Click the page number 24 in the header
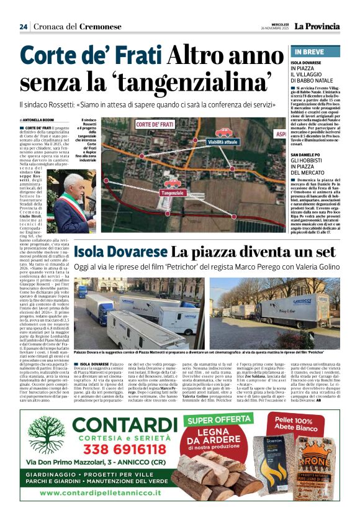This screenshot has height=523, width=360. click(24, 27)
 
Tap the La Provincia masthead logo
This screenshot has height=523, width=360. click(317, 26)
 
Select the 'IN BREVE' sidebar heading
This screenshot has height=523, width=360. click(308, 52)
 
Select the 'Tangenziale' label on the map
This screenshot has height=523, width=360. click(156, 193)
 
